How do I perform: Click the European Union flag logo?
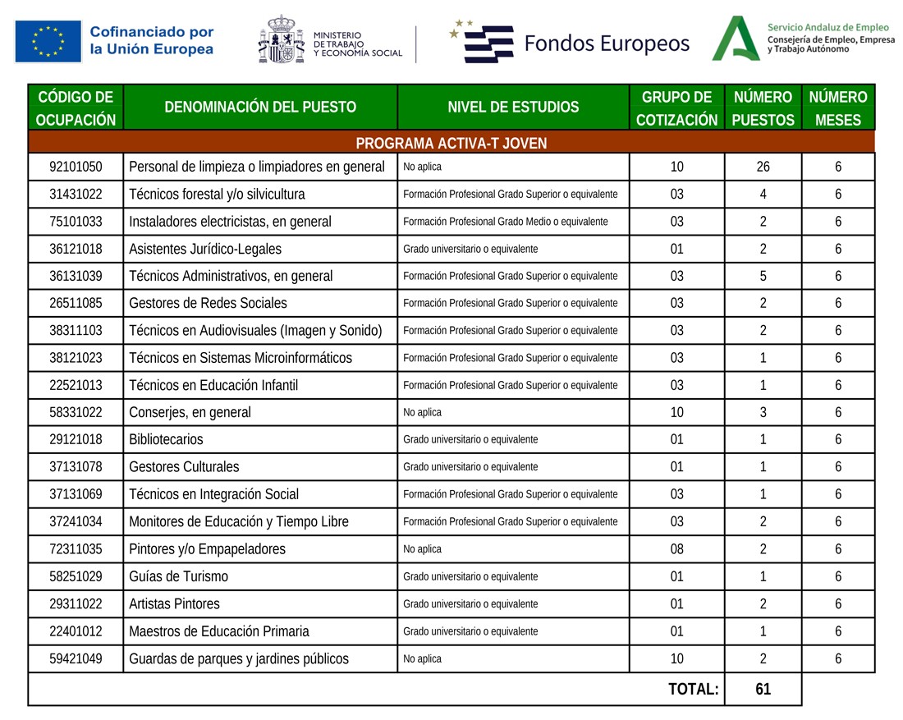tap(48, 41)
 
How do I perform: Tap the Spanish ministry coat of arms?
tap(281, 40)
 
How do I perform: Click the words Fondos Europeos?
tap(607, 44)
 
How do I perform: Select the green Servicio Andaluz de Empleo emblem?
tap(735, 39)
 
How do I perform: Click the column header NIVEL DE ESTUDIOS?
tap(513, 107)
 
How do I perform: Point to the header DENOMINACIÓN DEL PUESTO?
tap(260, 107)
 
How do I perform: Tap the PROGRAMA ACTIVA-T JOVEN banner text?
tap(451, 144)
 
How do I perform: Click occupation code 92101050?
tap(76, 167)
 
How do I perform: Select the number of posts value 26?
tap(763, 167)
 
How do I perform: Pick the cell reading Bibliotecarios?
tap(166, 440)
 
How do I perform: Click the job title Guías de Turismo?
tap(178, 576)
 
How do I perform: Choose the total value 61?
tap(763, 690)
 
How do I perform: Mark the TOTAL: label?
tap(694, 690)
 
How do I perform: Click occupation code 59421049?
tap(76, 658)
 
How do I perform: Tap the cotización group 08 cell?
tap(676, 549)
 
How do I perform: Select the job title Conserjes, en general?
tap(190, 413)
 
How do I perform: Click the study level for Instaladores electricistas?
tap(505, 222)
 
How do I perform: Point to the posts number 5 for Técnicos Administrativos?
tap(763, 277)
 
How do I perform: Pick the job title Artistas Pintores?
tap(174, 604)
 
